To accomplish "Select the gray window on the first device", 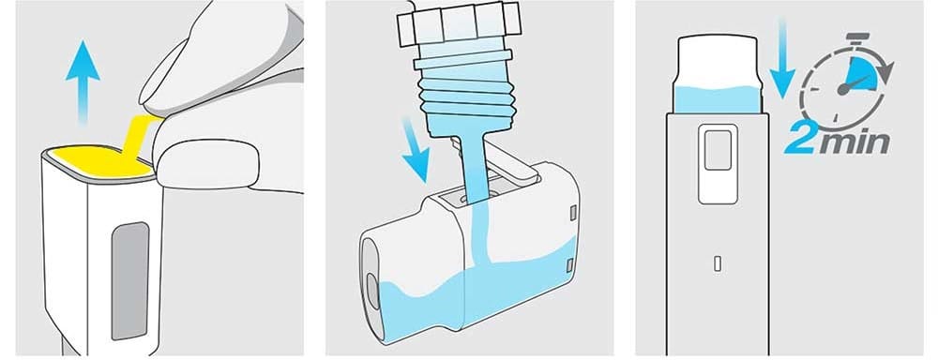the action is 130,280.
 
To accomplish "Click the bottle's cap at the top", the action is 459,24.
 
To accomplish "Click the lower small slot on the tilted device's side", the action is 570,263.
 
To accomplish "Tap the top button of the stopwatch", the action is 858,38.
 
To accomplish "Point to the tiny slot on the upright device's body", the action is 718,263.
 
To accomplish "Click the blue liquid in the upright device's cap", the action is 718,99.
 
